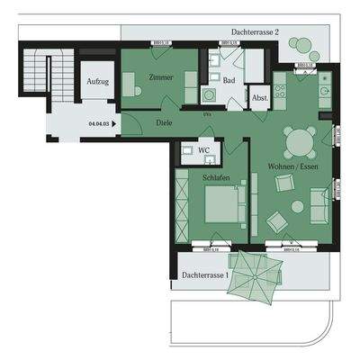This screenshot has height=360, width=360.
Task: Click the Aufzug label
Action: pos(97,82)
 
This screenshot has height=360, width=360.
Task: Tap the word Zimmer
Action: pos(162,77)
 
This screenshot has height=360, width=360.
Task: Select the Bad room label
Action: pos(229,80)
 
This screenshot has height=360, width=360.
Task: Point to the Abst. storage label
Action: pos(259,98)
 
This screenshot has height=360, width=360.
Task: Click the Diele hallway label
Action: pos(164,123)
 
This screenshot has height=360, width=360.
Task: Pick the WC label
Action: pos(204,150)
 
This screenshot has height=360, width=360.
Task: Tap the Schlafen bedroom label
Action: pos(216,178)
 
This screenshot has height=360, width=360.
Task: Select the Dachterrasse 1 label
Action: pos(204,274)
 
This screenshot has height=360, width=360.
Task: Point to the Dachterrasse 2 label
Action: pos(255,31)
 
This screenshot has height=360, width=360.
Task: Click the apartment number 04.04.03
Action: pos(100,126)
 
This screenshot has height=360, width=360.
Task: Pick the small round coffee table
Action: pos(297,206)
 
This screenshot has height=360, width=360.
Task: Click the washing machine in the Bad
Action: pos(210,94)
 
